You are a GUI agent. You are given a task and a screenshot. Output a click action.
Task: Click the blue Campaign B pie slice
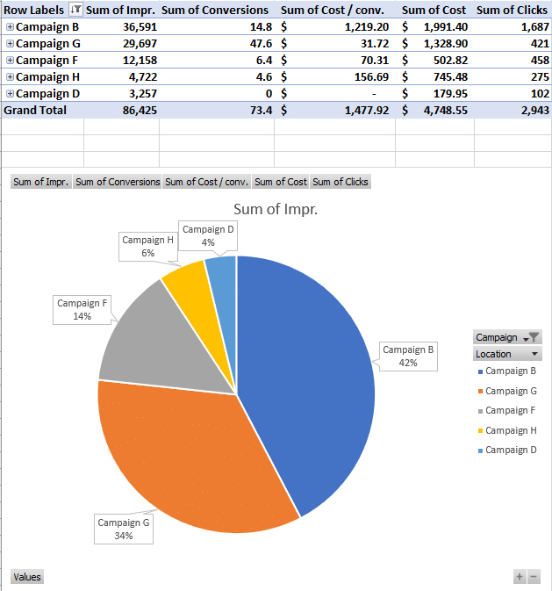coord(307,369)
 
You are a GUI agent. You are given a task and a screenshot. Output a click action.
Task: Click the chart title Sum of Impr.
coord(275,209)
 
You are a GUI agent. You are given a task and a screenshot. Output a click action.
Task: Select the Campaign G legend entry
coord(510,391)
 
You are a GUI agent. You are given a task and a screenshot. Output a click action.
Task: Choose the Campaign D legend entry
coord(510,450)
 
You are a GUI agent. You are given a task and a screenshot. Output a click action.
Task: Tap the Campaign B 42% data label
coord(407,356)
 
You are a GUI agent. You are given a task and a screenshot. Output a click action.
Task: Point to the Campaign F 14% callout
coord(82,309)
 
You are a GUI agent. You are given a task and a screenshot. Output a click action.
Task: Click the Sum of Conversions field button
coord(118,182)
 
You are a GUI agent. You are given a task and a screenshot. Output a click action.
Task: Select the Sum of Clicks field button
coord(341,182)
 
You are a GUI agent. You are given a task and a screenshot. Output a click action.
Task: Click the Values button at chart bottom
coord(26,577)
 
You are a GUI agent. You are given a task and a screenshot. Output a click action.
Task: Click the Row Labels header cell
coord(35,10)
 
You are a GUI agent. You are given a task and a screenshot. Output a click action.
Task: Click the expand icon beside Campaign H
coord(10,77)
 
